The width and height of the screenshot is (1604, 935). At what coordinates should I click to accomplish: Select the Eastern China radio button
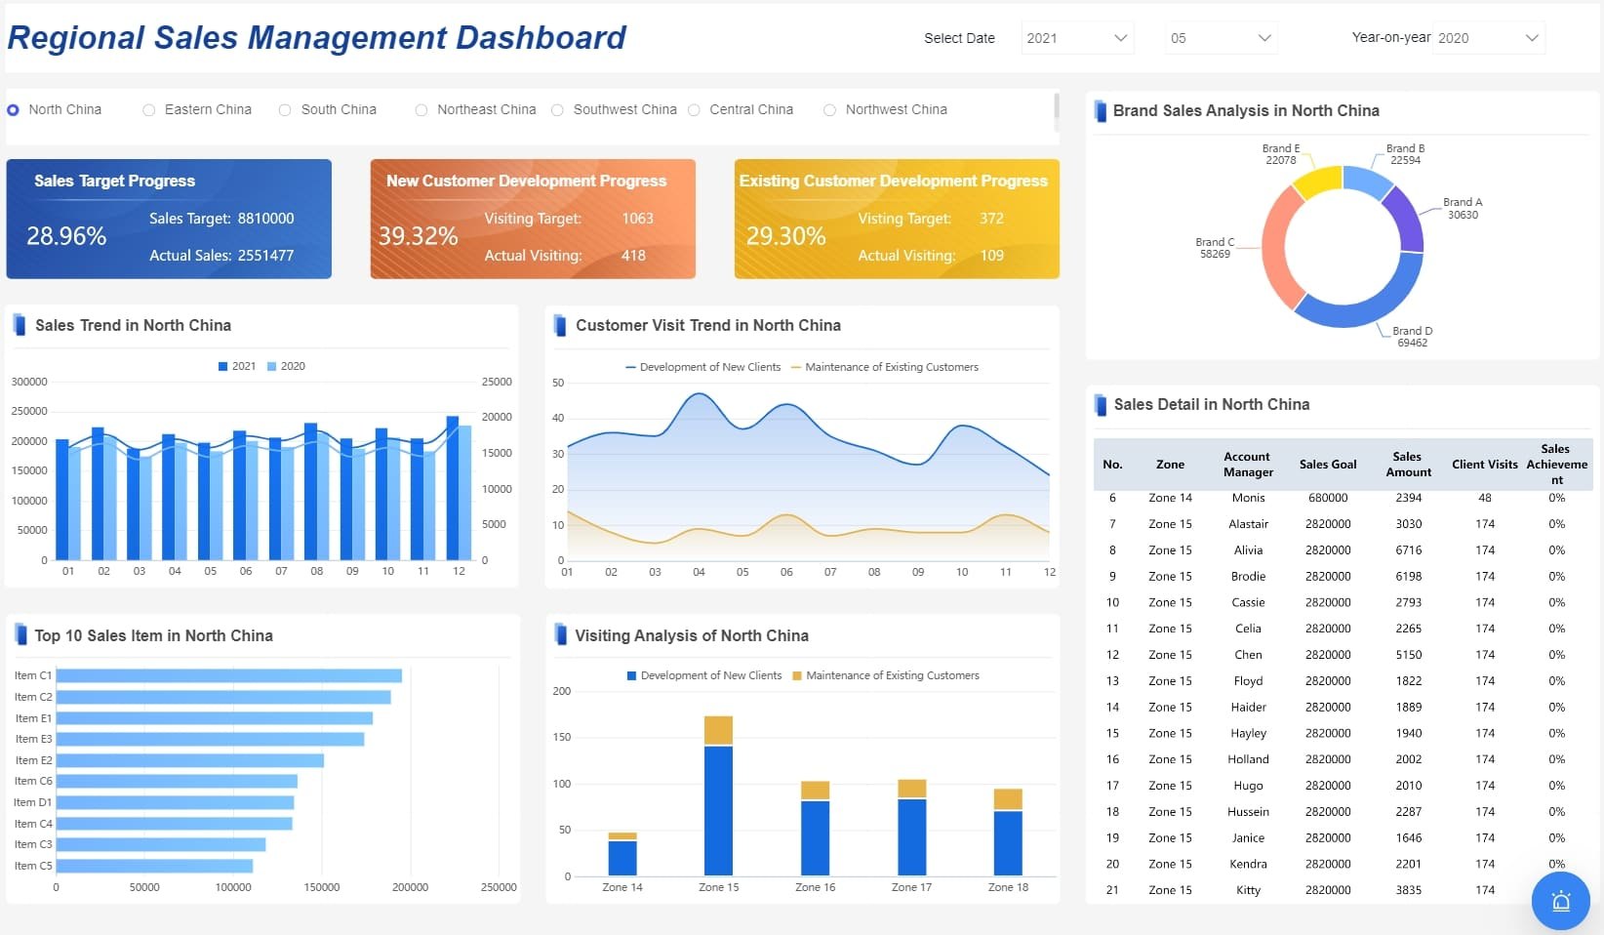(149, 110)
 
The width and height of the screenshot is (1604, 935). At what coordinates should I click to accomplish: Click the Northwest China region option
(830, 110)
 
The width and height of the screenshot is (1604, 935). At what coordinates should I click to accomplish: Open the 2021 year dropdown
(1077, 38)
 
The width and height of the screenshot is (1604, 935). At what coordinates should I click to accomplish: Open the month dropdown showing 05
(1221, 38)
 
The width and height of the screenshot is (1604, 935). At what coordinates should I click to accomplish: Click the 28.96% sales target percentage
(66, 236)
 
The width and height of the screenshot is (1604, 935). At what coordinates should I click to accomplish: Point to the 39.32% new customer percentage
(418, 236)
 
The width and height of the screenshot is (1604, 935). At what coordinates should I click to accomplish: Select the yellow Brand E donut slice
(1317, 183)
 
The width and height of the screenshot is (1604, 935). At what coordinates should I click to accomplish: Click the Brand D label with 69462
(1412, 337)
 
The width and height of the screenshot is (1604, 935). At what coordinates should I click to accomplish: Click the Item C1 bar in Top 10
(229, 675)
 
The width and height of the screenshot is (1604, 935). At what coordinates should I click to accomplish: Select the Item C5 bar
(154, 866)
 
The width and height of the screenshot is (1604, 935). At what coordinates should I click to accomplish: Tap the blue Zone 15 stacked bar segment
(718, 810)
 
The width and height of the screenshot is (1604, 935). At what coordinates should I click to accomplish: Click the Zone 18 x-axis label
(1008, 887)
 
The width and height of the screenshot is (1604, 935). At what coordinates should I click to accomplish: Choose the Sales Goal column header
(1328, 465)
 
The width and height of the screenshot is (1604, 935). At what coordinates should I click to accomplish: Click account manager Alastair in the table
(1248, 524)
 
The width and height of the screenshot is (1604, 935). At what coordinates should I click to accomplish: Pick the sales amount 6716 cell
(1408, 550)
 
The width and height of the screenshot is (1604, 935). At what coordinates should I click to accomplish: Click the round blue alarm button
(1560, 901)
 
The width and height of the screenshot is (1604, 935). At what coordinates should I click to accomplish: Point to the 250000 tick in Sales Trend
(29, 412)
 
